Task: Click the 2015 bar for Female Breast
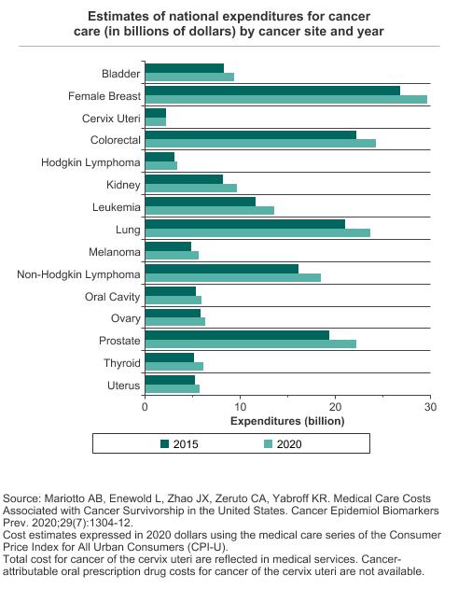click(x=272, y=91)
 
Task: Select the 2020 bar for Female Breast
click(x=285, y=100)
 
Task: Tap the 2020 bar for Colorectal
click(x=260, y=144)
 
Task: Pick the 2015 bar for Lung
click(x=245, y=224)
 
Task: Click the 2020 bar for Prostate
click(x=251, y=344)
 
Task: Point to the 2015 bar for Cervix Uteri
click(x=156, y=113)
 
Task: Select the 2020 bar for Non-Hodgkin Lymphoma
click(x=233, y=277)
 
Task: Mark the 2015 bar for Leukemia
click(x=201, y=202)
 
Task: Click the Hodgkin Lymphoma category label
click(x=90, y=162)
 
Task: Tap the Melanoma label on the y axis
click(x=115, y=252)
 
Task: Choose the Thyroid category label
click(x=122, y=363)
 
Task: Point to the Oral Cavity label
click(x=113, y=297)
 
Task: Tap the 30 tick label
click(x=431, y=407)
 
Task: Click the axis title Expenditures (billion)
click(x=287, y=421)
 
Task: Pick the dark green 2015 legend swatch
click(x=164, y=444)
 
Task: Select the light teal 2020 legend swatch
click(x=269, y=444)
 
